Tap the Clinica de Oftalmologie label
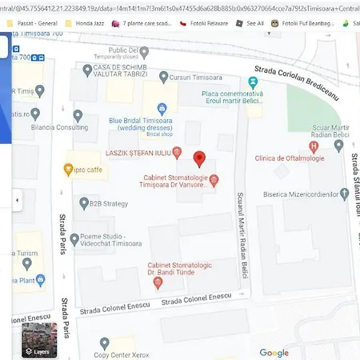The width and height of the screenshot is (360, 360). [286, 158]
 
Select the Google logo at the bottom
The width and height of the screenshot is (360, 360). [274, 352]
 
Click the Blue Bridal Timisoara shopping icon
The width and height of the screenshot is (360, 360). [162, 107]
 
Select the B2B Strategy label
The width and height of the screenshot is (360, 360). [108, 204]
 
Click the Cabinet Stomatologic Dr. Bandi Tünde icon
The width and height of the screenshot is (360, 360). [149, 266]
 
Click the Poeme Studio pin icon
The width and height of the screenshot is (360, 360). [74, 238]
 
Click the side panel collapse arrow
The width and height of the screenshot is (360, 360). [17, 199]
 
